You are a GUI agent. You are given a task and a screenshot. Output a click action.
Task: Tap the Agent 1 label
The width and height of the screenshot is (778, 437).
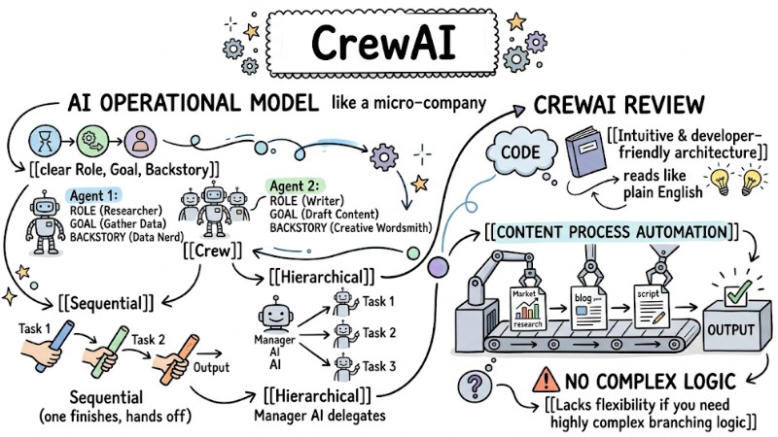(x=90, y=196)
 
